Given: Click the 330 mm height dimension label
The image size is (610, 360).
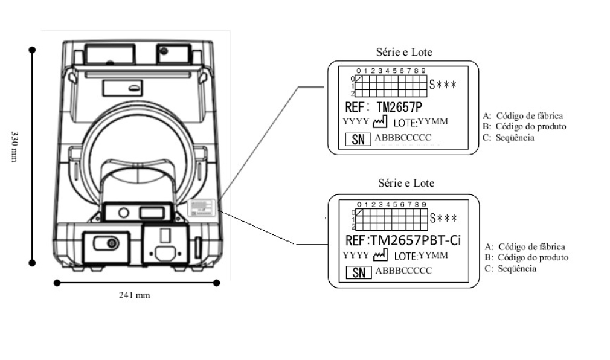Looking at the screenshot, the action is [14, 147].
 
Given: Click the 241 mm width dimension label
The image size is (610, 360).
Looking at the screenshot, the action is [134, 295].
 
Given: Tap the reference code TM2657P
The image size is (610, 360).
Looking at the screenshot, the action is [399, 107].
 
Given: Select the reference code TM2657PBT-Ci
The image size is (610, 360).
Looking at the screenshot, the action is [415, 240].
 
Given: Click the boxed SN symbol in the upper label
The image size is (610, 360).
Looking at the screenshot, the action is [358, 139].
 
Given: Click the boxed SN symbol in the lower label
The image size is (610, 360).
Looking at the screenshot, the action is [359, 272].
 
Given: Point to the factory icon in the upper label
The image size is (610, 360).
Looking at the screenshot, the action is [380, 122].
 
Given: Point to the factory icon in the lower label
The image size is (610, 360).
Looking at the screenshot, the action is [380, 255].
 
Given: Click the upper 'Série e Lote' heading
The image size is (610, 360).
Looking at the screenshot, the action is [404, 52].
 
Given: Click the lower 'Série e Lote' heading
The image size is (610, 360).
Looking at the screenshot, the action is [406, 183].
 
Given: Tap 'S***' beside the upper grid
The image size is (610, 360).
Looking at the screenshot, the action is [443, 85].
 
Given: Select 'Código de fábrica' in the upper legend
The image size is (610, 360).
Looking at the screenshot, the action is [530, 115].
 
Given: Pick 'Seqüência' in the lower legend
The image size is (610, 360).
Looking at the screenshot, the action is [517, 269].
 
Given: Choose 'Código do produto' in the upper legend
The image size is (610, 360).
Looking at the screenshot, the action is [531, 126].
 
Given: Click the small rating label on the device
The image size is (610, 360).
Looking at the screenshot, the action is [202, 207].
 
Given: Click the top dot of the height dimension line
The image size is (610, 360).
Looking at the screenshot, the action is [32, 50].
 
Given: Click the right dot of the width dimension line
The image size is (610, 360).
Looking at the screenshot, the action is [217, 283].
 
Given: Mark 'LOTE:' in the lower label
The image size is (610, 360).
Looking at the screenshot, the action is [406, 256].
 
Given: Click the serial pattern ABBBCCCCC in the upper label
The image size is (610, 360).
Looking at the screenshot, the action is [403, 137].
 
